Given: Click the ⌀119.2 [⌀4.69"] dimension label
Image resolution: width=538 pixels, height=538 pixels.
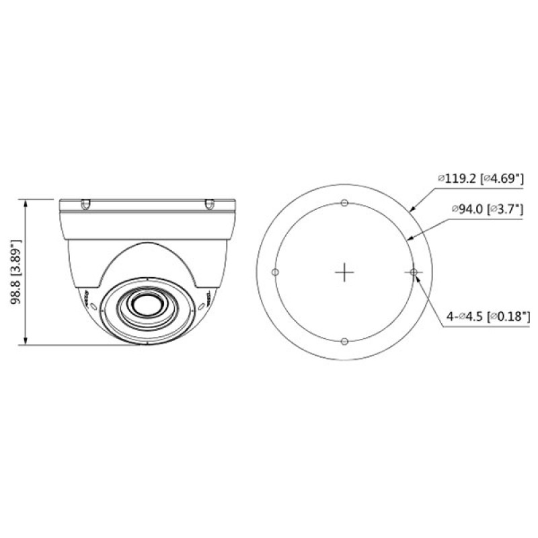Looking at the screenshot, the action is coord(481,179).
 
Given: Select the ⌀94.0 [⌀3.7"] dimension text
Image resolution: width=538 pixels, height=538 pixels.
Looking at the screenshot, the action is coord(487,209).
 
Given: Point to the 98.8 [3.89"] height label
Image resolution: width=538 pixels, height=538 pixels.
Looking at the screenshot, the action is coord(16,272).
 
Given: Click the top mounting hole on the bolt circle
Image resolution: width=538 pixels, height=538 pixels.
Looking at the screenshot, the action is coord(344,203).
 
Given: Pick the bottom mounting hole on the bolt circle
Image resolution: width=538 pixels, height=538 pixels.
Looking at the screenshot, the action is coord(345,342).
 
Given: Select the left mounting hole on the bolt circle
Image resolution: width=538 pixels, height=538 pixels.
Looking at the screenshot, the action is coord(275,272).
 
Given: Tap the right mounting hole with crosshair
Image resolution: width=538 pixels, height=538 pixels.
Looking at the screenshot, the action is coord(414,272).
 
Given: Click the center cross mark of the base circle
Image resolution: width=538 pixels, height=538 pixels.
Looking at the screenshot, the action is coord(344,272).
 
